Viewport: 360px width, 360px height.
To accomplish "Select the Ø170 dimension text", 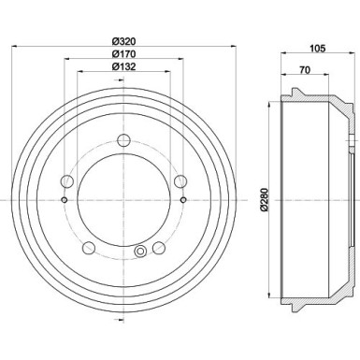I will [x=123, y=53].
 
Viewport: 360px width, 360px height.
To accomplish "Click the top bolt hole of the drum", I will [x=123, y=141].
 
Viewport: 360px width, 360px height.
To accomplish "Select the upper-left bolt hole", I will [x=67, y=181].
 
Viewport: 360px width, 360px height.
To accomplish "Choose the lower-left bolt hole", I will [x=89, y=248].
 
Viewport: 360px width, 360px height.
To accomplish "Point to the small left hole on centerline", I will [x=63, y=199].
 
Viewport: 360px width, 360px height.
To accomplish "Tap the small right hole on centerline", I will [x=184, y=199].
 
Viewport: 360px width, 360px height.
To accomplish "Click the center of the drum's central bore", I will [x=123, y=199].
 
